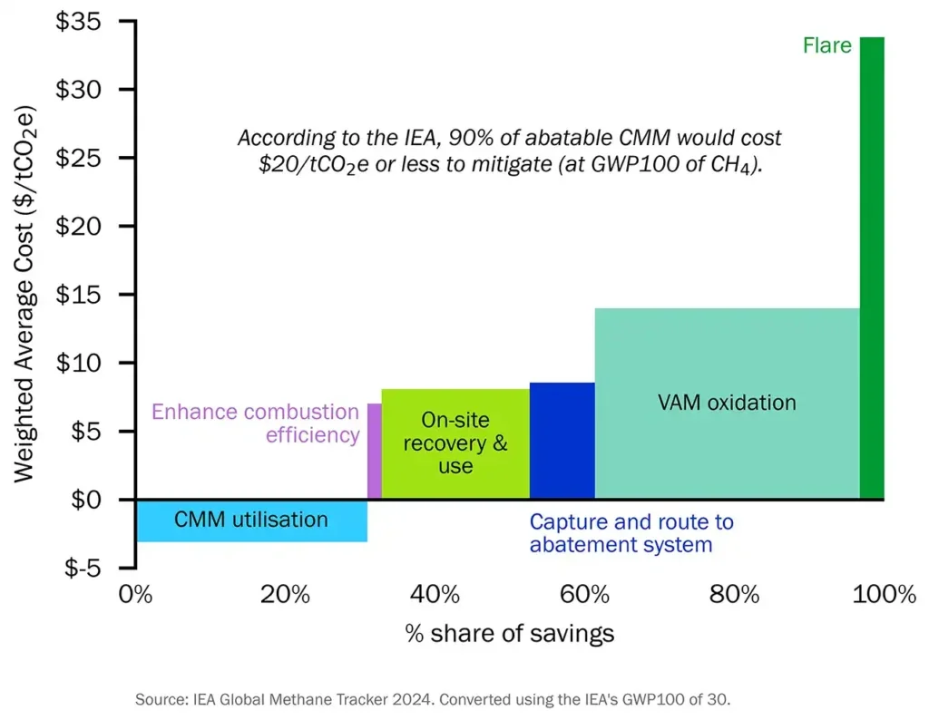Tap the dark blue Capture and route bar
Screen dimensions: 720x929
(x=562, y=441)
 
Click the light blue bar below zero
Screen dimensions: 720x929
(x=251, y=521)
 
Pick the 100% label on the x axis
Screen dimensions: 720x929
(x=885, y=595)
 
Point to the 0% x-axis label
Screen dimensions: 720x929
(x=137, y=595)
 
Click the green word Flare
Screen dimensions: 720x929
(x=826, y=44)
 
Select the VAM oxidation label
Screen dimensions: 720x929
(x=727, y=403)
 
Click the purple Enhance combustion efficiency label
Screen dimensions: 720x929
(x=256, y=423)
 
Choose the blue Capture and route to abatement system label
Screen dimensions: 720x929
(x=631, y=533)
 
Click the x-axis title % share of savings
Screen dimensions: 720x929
(x=510, y=633)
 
